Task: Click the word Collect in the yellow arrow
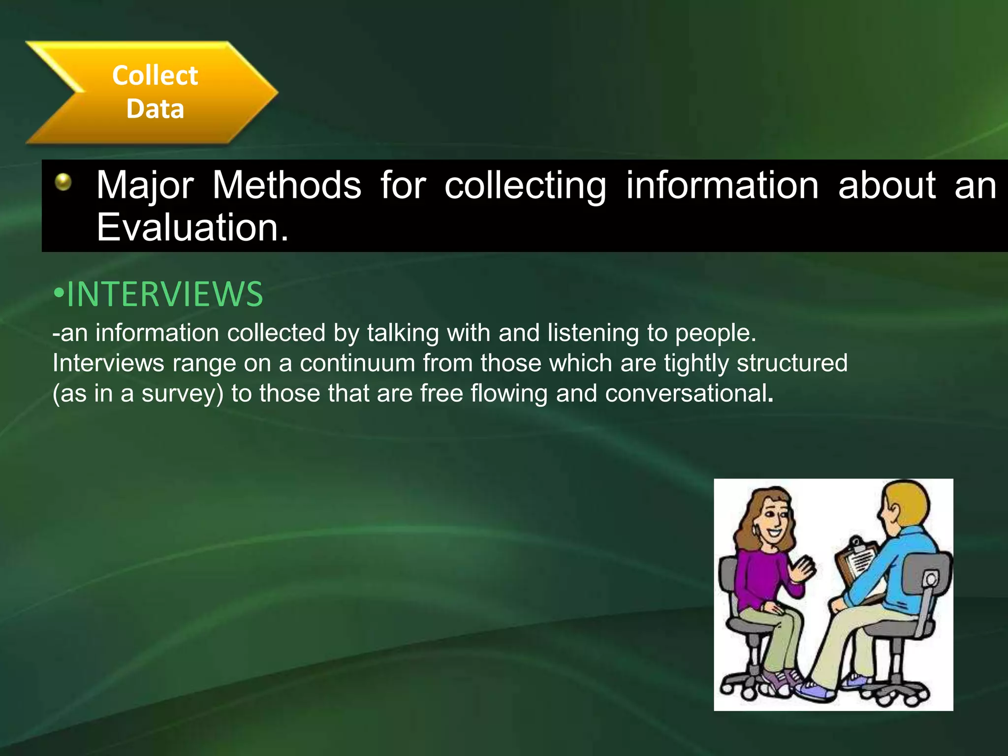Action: pyautogui.click(x=155, y=76)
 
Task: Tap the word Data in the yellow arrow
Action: pyautogui.click(x=155, y=109)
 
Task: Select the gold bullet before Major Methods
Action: pyautogui.click(x=63, y=182)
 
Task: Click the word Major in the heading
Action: pyautogui.click(x=145, y=186)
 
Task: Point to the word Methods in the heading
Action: pyautogui.click(x=287, y=186)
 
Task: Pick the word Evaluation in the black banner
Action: pyautogui.click(x=192, y=227)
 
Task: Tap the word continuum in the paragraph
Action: pyautogui.click(x=357, y=363)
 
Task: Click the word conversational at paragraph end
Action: pyautogui.click(x=686, y=394)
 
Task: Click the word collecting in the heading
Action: pyautogui.click(x=525, y=186)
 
